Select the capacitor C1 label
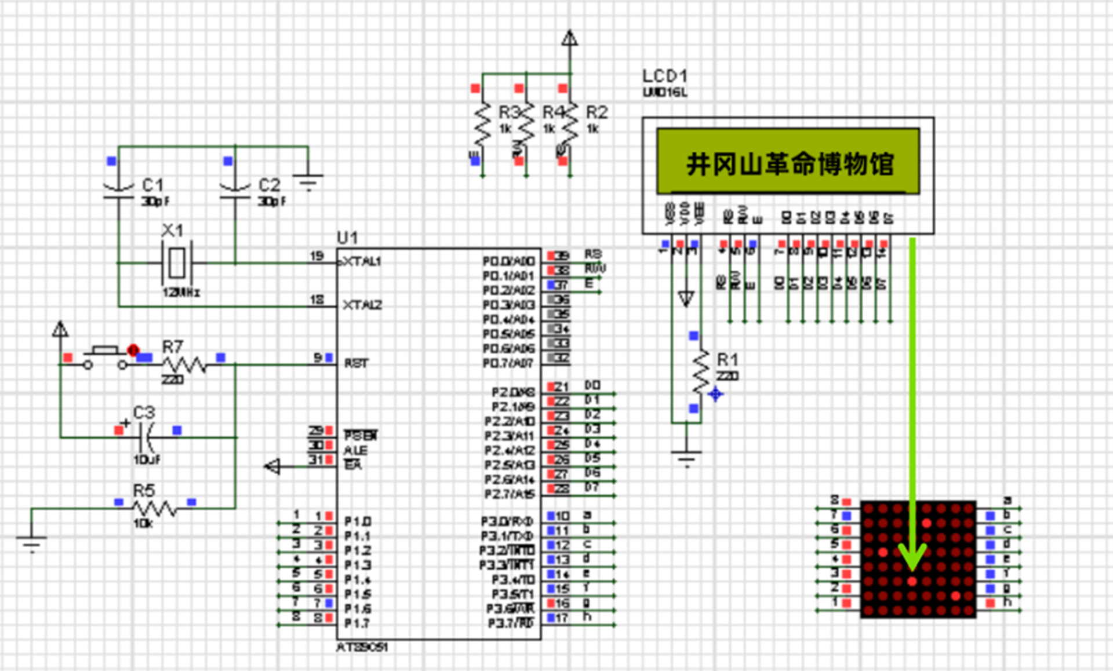[153, 185]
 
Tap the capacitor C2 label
[269, 185]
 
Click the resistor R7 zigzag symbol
[183, 365]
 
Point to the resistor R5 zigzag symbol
[155, 508]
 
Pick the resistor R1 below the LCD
[701, 372]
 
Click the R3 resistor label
[509, 112]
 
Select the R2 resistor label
[596, 112]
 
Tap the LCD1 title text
[664, 76]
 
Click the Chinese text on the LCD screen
[790, 164]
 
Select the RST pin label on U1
[356, 363]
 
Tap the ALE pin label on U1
[355, 450]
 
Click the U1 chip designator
[347, 238]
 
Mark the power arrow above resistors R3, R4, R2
[569, 39]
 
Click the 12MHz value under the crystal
[181, 293]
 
